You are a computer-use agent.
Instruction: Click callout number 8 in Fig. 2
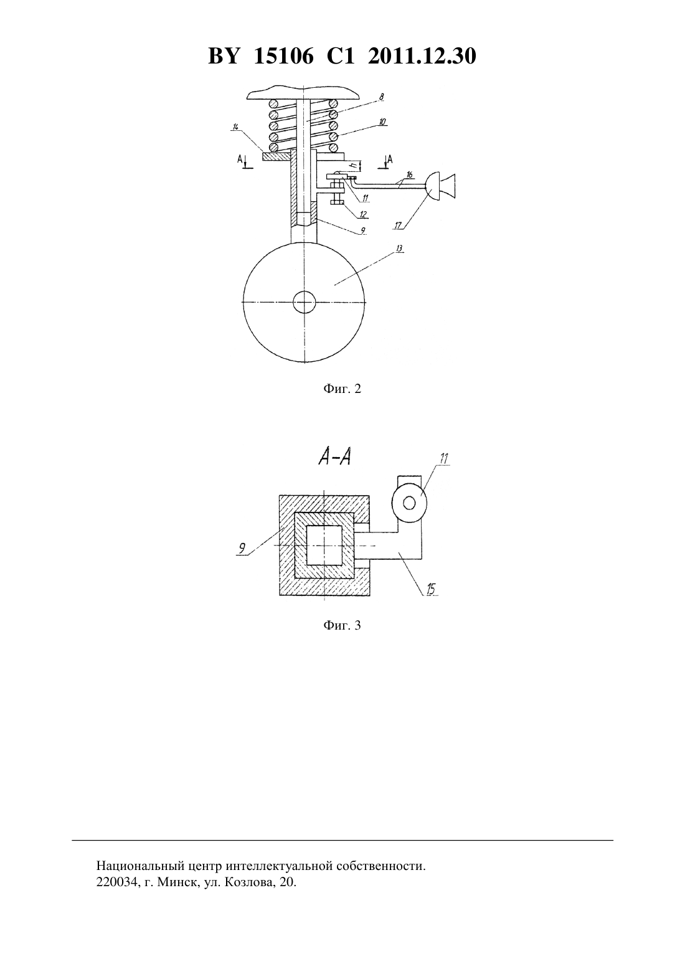381,97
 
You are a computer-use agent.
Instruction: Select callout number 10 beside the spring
382,121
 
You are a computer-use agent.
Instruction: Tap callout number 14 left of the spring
235,127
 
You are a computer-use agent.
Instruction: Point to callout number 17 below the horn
398,225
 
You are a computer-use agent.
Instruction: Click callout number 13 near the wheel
399,248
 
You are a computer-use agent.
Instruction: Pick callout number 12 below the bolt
363,214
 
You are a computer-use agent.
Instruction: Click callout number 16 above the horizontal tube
410,174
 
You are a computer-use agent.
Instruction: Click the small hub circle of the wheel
304,302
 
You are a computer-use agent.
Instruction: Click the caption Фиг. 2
342,389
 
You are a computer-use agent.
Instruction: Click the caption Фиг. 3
342,625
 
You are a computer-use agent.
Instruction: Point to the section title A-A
334,456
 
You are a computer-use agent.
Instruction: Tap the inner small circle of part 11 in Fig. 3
409,503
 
